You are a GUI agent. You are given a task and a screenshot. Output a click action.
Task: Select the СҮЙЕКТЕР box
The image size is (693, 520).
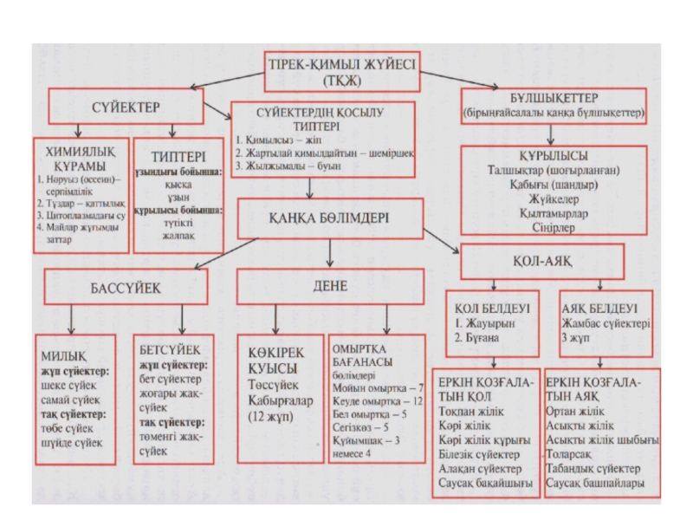click(125, 107)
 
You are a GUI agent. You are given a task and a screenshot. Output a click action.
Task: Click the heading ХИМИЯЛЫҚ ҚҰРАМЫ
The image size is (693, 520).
click(77, 158)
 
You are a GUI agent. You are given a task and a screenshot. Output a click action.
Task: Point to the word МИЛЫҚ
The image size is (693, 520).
click(63, 355)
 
